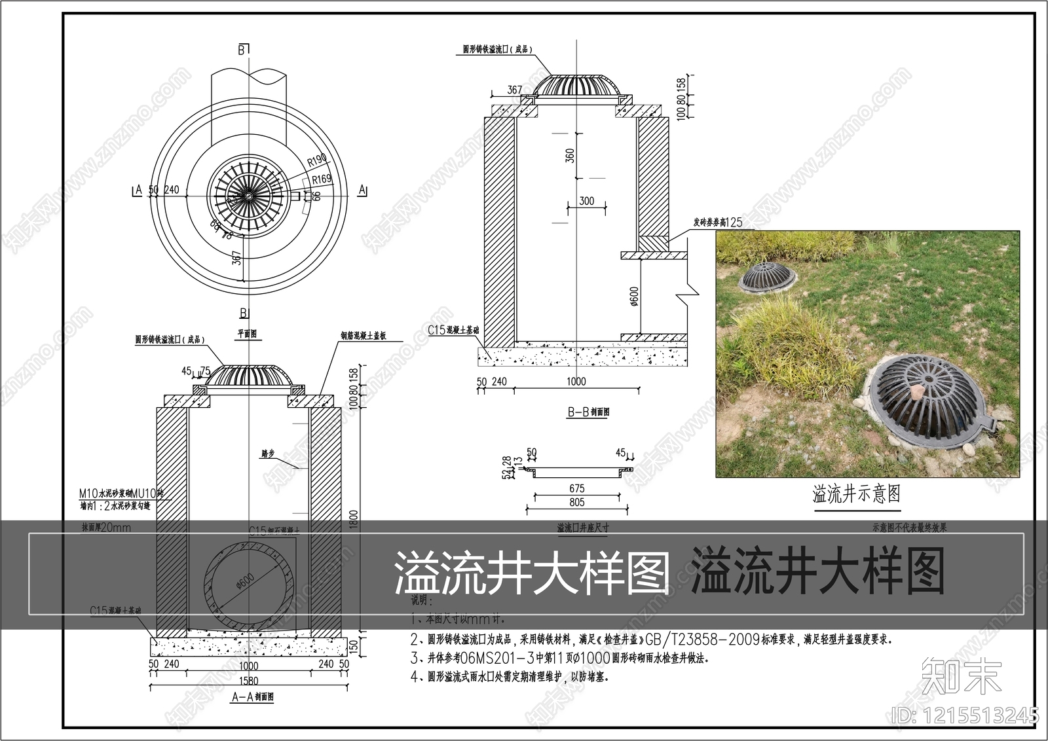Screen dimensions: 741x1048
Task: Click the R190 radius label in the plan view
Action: click(317, 160)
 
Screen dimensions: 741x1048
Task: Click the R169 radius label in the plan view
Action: click(321, 179)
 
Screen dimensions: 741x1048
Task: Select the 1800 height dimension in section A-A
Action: click(354, 520)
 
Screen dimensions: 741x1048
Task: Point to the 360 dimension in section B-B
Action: click(570, 156)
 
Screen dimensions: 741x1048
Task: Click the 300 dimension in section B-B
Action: click(586, 201)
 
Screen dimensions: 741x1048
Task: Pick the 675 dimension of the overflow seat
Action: click(576, 488)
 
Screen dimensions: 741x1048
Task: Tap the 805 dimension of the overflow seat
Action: click(576, 502)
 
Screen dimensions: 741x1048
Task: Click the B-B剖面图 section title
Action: click(588, 412)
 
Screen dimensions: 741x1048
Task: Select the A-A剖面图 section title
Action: click(253, 697)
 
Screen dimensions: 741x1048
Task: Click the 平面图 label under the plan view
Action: click(247, 334)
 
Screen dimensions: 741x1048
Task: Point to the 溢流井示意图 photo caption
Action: click(856, 494)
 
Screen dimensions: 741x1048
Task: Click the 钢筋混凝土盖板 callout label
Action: click(362, 336)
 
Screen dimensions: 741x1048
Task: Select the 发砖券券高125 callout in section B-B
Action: click(717, 223)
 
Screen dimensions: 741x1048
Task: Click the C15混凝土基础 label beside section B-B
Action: click(453, 331)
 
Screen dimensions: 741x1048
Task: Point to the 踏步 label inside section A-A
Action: click(267, 453)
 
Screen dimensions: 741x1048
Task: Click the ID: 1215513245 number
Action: click(965, 714)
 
